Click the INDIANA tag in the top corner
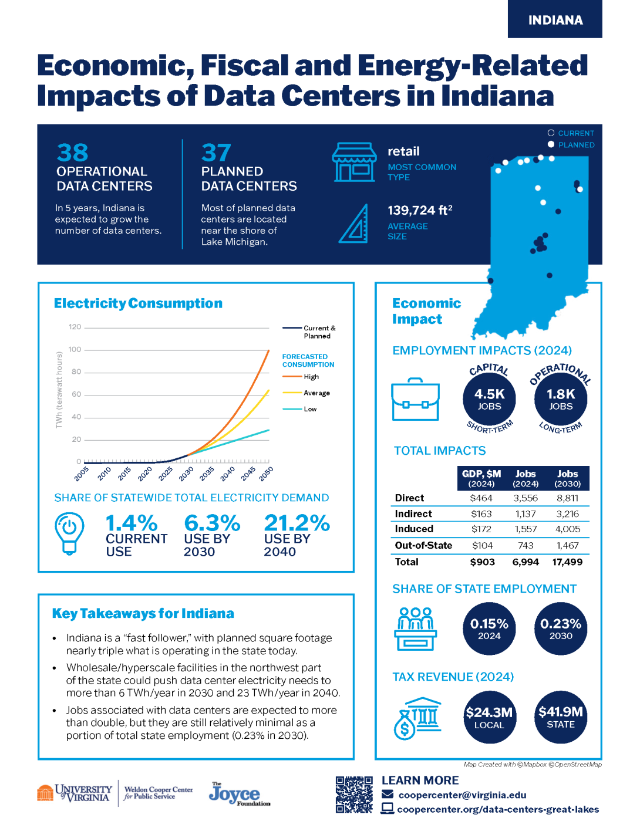tap(555, 20)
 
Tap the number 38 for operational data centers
tap(73, 153)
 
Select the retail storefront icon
tap(354, 162)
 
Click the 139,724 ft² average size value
tap(420, 210)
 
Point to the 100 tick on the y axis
tap(75, 350)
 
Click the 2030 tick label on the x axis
tap(186, 474)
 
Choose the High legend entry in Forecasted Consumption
tap(311, 377)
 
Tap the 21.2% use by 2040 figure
tap(297, 523)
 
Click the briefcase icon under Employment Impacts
tap(415, 400)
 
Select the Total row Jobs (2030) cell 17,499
tap(567, 562)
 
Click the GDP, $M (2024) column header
tap(481, 478)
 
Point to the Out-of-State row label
tap(423, 546)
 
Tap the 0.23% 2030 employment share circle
tap(560, 628)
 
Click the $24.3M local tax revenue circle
tap(489, 717)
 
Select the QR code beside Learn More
tap(354, 795)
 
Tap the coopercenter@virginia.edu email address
tap(462, 795)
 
